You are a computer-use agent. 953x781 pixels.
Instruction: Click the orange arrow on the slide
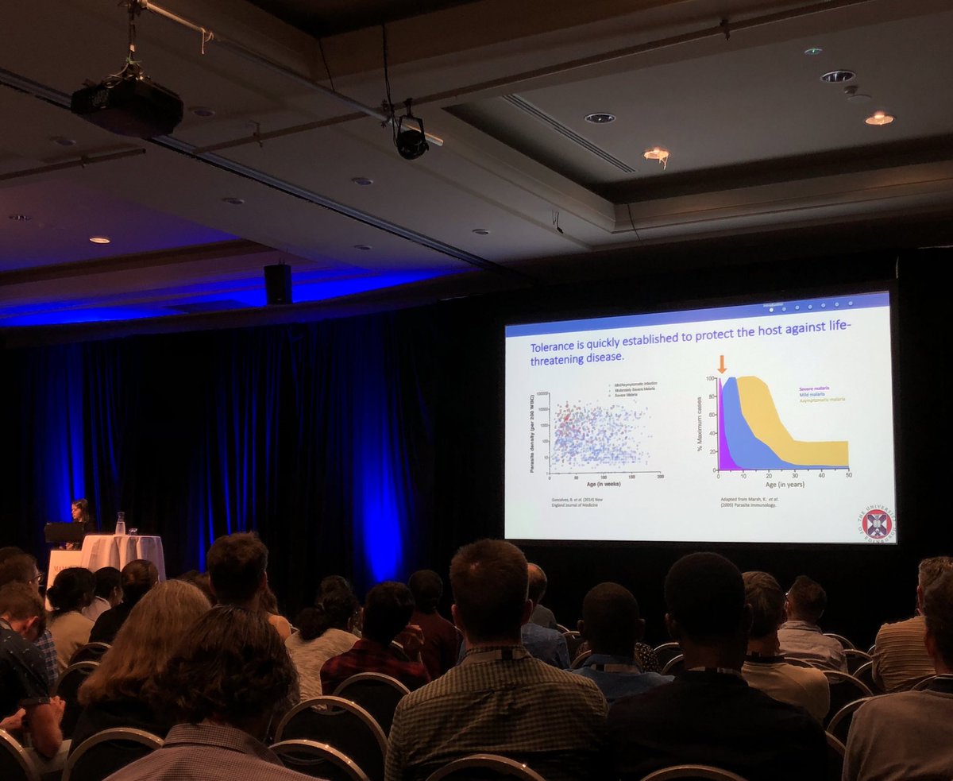coord(722,365)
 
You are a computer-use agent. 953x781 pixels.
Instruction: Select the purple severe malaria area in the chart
coord(723,445)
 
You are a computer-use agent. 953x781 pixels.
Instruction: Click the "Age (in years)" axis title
coord(782,484)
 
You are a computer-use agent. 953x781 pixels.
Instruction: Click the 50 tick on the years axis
coord(848,474)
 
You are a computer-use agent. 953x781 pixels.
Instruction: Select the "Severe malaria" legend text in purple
coord(815,389)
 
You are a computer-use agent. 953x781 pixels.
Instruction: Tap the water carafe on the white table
coord(121,524)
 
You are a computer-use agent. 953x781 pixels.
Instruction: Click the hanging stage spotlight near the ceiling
coord(411,139)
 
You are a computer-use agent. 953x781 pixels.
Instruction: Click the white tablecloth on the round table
coord(124,551)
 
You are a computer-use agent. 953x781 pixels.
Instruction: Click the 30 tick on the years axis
coord(796,474)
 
